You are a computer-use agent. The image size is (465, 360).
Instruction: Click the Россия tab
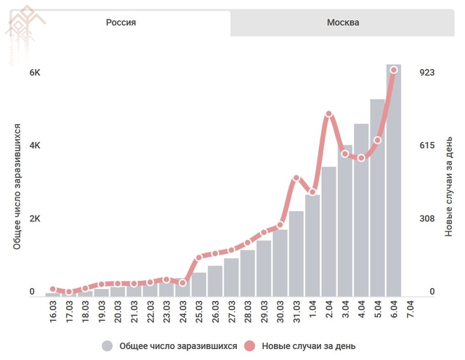pyautogui.click(x=121, y=22)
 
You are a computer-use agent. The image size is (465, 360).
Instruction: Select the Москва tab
pyautogui.click(x=343, y=22)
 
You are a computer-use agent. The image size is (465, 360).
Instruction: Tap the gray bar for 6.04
pyautogui.click(x=393, y=181)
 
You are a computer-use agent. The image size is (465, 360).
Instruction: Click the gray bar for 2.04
pyautogui.click(x=328, y=232)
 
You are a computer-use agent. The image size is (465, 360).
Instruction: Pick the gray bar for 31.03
pyautogui.click(x=296, y=254)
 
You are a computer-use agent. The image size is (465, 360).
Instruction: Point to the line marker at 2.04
pyautogui.click(x=329, y=114)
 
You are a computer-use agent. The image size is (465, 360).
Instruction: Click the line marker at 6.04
pyautogui.click(x=394, y=70)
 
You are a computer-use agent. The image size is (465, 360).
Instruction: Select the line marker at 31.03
pyautogui.click(x=296, y=178)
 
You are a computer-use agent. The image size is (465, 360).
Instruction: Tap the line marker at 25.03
pyautogui.click(x=199, y=258)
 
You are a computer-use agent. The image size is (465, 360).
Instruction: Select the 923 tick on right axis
pyautogui.click(x=427, y=73)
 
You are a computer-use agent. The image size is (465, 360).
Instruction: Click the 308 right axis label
pyautogui.click(x=427, y=218)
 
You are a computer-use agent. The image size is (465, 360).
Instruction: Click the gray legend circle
pyautogui.click(x=108, y=345)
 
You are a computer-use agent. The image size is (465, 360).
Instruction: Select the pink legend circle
pyautogui.click(x=248, y=345)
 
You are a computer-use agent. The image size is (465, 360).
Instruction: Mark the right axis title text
pyautogui.click(x=450, y=189)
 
